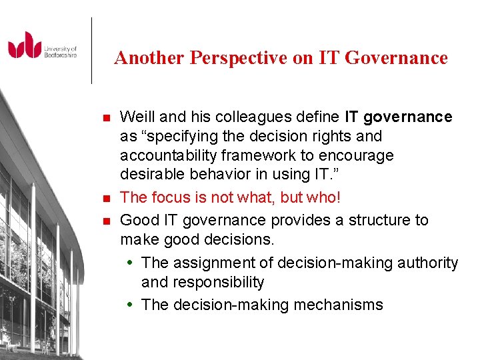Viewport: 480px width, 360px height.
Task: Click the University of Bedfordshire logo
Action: (42, 46)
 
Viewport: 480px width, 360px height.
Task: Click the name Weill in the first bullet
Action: (137, 117)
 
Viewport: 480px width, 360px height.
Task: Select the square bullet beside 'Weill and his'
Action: (105, 119)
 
